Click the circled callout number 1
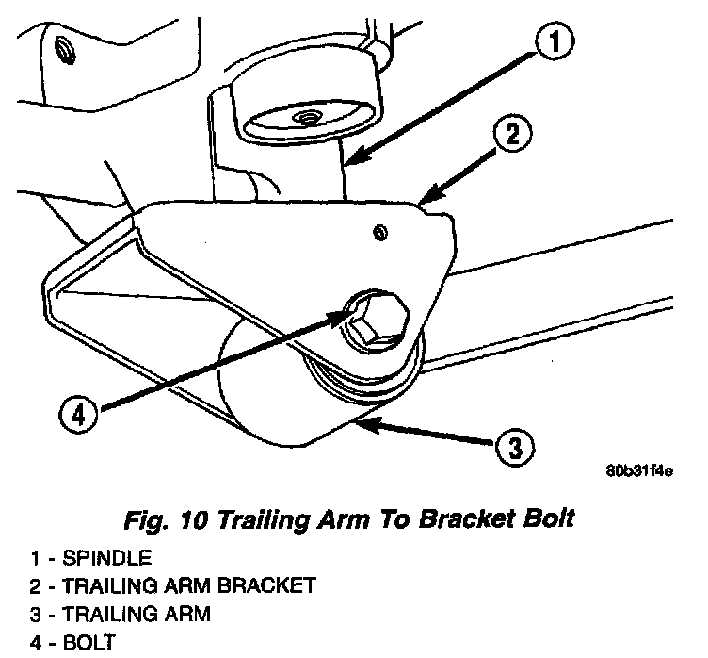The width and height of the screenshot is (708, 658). pyautogui.click(x=556, y=43)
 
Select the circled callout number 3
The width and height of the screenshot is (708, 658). pyautogui.click(x=511, y=446)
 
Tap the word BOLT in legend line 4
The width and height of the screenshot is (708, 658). pyautogui.click(x=85, y=645)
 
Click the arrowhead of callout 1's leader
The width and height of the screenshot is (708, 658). pyautogui.click(x=347, y=162)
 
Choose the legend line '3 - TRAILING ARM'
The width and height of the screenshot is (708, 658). pyautogui.click(x=120, y=615)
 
